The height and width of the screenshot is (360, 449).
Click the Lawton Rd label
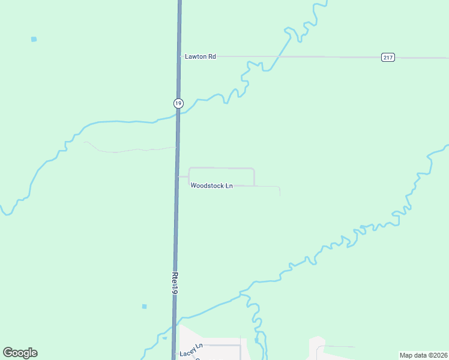pyautogui.click(x=200, y=56)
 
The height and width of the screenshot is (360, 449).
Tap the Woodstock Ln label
pyautogui.click(x=212, y=186)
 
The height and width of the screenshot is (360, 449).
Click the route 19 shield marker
pyautogui.click(x=178, y=103)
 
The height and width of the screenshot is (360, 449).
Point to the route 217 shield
pyautogui.click(x=388, y=58)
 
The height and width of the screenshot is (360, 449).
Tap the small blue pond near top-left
pyautogui.click(x=34, y=39)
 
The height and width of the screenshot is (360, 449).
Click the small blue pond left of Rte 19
pyautogui.click(x=144, y=307)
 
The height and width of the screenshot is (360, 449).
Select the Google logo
pyautogui.click(x=20, y=353)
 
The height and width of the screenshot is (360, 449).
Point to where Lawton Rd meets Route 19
pyautogui.click(x=179, y=56)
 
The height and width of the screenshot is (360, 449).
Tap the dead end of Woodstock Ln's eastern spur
pyautogui.click(x=280, y=196)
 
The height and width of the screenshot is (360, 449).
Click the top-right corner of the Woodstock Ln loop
pyautogui.click(x=254, y=169)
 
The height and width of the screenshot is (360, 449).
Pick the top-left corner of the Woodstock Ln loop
pyautogui.click(x=190, y=168)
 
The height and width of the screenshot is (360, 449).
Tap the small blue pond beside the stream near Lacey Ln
pyautogui.click(x=256, y=340)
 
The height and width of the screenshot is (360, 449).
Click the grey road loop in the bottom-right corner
pyautogui.click(x=333, y=348)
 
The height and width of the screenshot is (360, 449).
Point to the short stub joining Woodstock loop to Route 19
pyautogui.click(x=183, y=177)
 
